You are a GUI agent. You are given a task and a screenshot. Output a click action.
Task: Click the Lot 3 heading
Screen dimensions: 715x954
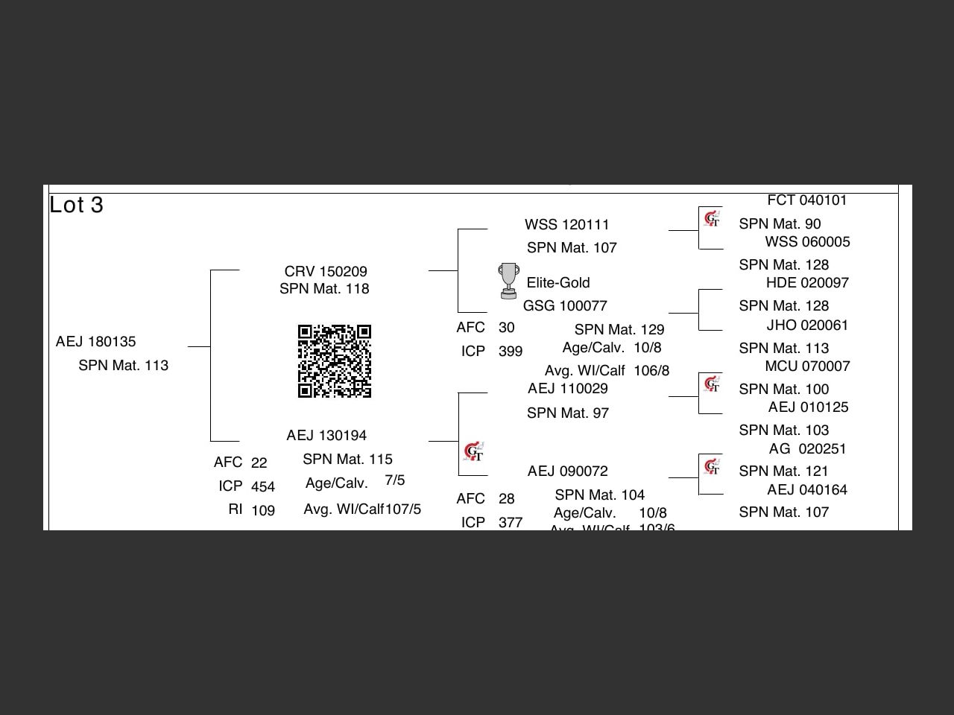[x=76, y=206]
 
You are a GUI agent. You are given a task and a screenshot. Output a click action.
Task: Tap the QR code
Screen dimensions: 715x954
[x=335, y=361]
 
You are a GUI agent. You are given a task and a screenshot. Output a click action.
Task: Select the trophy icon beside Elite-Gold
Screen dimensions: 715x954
[x=509, y=281]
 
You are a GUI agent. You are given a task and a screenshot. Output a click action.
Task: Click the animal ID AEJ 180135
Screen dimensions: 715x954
[x=96, y=342]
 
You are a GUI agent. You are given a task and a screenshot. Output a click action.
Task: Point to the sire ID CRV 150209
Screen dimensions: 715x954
[x=326, y=272]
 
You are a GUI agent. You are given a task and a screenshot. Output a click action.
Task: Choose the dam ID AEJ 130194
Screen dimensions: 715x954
[x=326, y=436]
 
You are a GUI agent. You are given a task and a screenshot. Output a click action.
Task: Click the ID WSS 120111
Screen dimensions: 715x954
[x=566, y=225]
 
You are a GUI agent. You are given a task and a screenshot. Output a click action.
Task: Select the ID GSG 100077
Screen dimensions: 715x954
[x=565, y=306]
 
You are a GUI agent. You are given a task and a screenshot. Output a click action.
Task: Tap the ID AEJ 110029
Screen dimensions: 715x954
[x=568, y=389]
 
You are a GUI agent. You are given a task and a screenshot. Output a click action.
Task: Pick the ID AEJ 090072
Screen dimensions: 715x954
[x=568, y=471]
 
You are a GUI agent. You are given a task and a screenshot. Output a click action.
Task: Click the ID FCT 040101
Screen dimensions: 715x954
[x=807, y=200]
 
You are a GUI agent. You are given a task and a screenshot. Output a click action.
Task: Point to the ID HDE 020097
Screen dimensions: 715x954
[x=807, y=283]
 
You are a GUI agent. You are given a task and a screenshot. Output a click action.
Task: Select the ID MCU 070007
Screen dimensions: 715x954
[x=807, y=366]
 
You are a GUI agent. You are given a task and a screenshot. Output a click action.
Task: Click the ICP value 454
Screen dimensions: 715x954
[x=263, y=487]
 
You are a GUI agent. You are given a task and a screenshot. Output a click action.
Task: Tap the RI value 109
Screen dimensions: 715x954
[x=263, y=511]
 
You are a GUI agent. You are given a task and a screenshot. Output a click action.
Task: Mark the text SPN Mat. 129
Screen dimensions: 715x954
[x=619, y=330]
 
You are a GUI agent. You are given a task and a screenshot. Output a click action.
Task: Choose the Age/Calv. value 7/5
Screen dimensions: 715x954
[x=395, y=480]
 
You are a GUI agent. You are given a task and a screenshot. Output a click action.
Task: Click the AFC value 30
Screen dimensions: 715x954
[x=507, y=328]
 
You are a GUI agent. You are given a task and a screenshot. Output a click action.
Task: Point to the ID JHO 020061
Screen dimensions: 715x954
[x=807, y=325]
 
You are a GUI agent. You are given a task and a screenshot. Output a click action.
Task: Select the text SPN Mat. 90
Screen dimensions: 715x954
[x=780, y=224]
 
